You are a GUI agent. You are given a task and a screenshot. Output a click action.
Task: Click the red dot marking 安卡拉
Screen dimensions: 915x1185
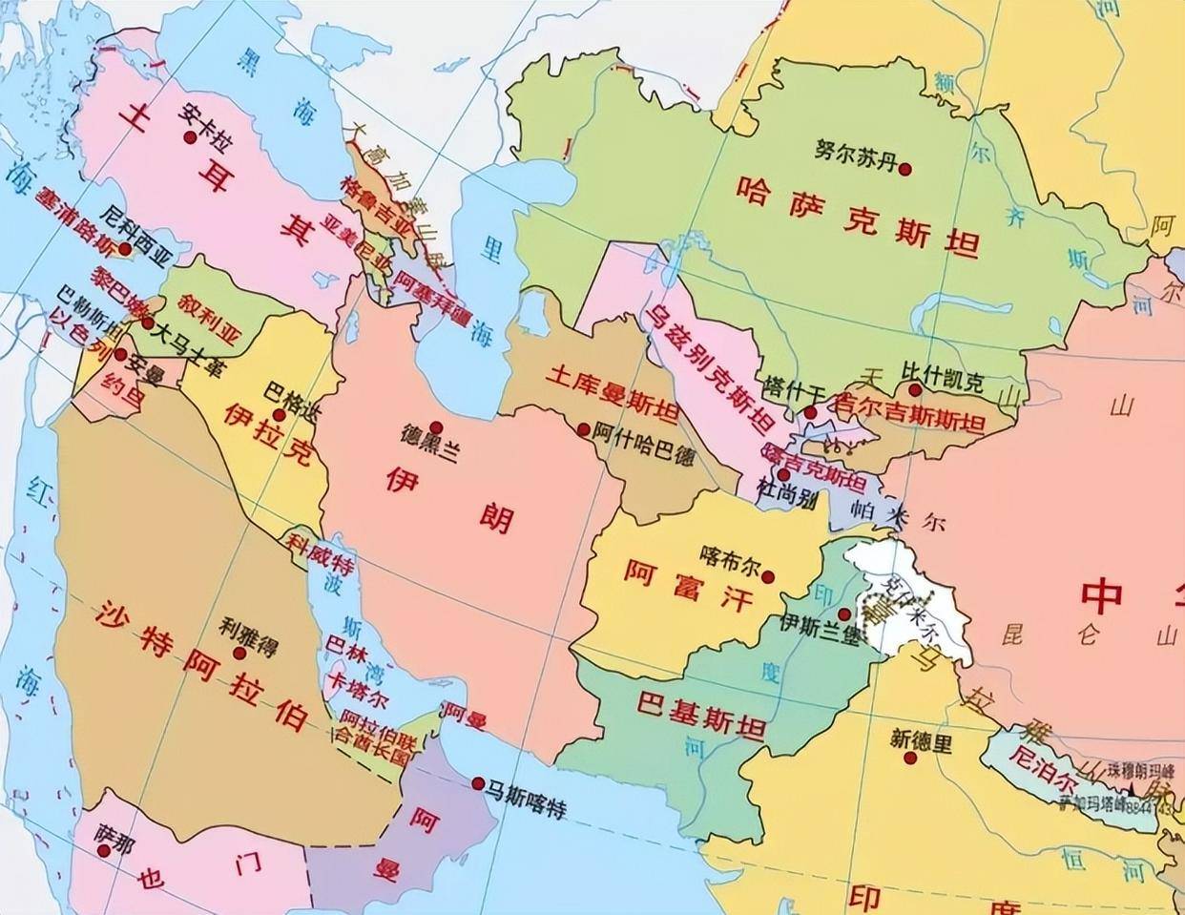(191, 137)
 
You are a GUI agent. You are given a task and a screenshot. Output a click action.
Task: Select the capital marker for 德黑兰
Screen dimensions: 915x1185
(436, 426)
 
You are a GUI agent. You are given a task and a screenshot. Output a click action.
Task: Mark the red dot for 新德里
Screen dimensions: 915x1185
(913, 759)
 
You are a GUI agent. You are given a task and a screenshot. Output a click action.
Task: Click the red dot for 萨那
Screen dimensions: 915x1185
(103, 847)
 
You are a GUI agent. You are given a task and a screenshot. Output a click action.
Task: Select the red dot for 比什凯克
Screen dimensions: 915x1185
(914, 389)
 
